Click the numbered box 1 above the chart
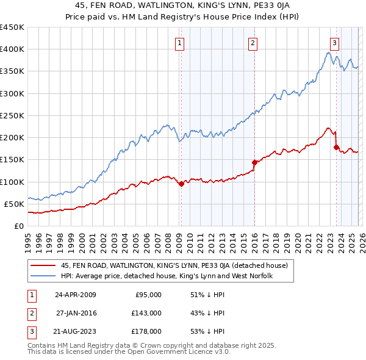tap(181, 43)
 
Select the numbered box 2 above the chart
tap(253, 43)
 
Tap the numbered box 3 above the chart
tap(335, 43)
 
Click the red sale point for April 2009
tap(181, 184)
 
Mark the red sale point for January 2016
tap(254, 162)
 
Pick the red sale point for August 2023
tap(336, 147)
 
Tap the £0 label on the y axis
tap(18, 226)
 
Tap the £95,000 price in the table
tap(148, 295)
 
